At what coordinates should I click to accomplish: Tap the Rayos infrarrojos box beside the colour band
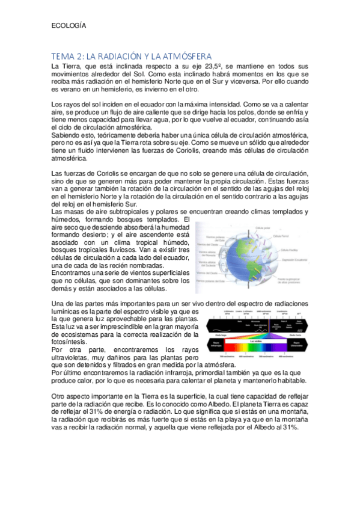pyautogui.click(x=215, y=346)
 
